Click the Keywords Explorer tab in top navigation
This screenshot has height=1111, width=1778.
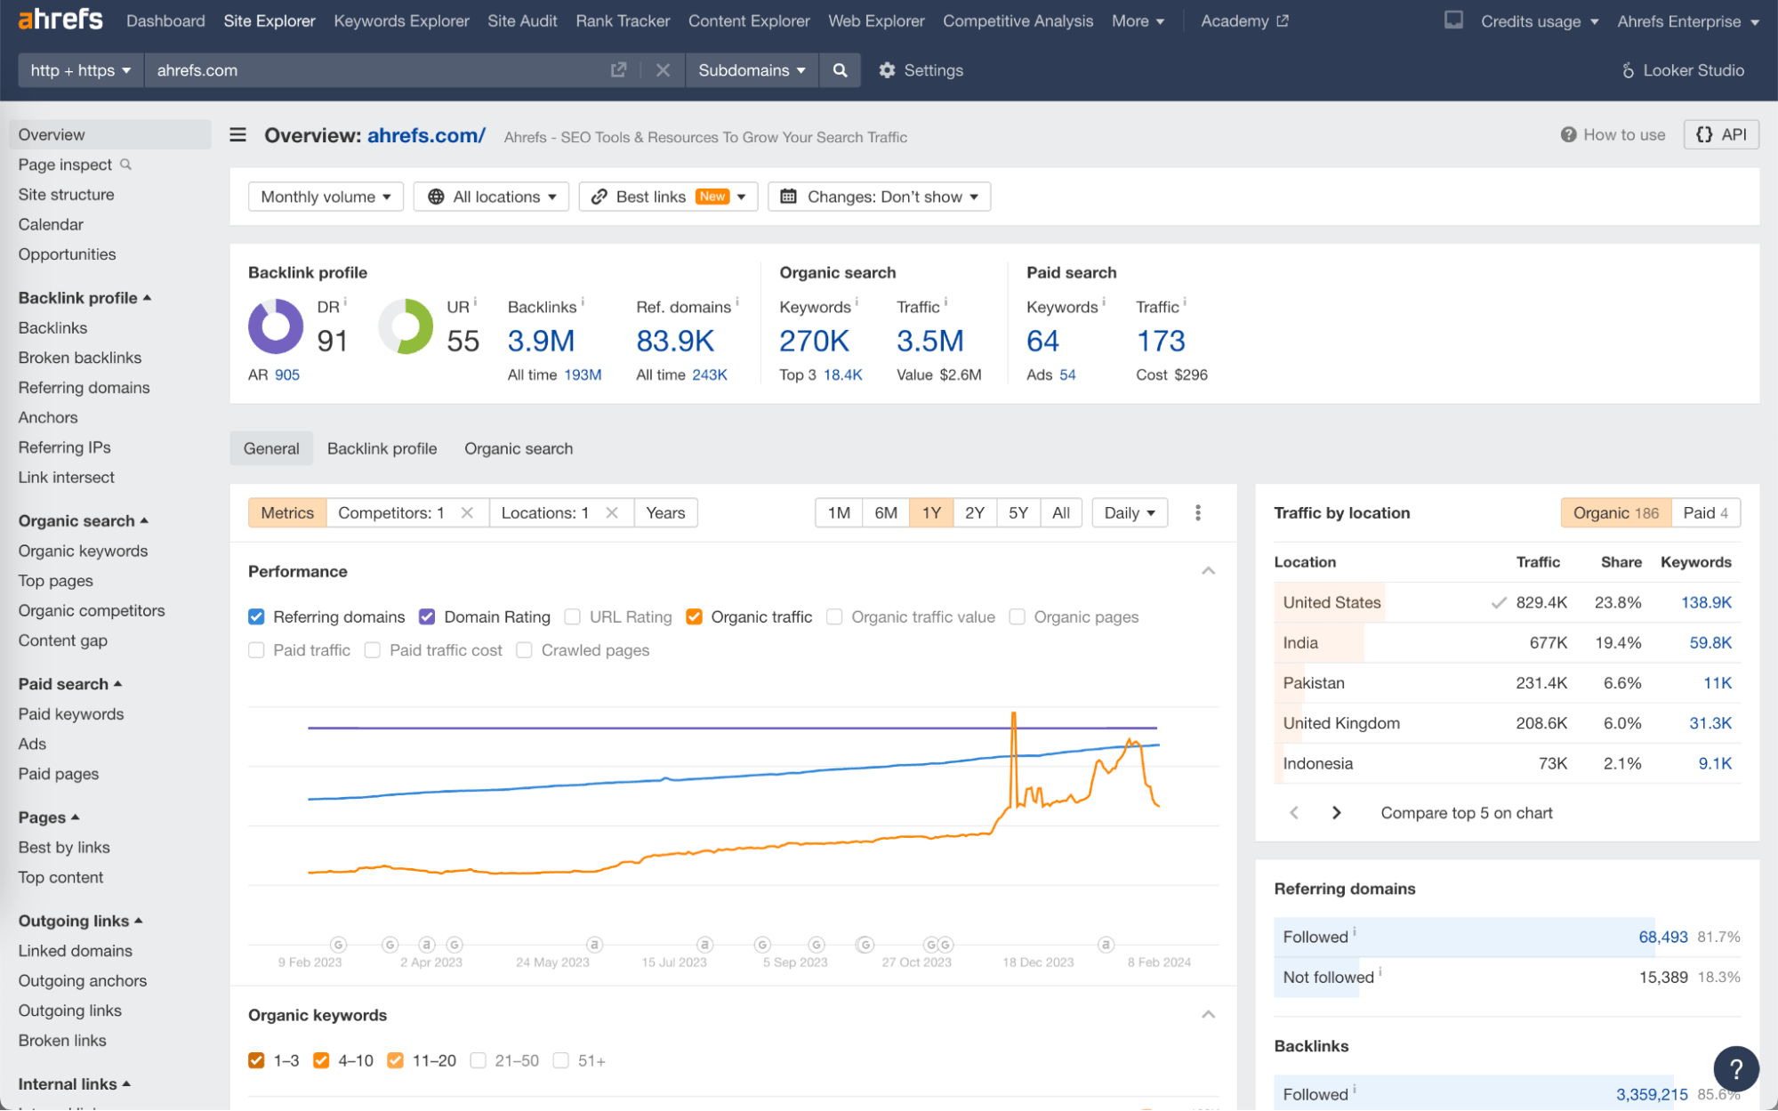pos(401,20)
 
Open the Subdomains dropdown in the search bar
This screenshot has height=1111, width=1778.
pos(751,70)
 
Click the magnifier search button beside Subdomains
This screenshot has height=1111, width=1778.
pos(840,70)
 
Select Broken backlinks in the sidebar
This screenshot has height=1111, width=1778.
pos(79,358)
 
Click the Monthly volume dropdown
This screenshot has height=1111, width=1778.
pos(326,197)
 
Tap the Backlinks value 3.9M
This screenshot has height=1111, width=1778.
pos(541,341)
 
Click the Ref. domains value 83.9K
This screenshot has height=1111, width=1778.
pos(675,341)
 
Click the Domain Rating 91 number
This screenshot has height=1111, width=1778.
pos(332,341)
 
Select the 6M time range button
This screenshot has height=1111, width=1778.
pos(885,512)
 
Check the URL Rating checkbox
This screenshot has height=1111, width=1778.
pos(573,616)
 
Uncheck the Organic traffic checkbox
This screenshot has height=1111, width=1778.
pos(695,616)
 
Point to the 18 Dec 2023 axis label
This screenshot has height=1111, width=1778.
pos(1038,962)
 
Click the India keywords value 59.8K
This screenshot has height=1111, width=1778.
pos(1710,642)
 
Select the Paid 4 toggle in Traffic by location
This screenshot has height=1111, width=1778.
pos(1704,512)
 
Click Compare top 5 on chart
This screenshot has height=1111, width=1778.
pos(1466,813)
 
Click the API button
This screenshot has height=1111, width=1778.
pos(1721,134)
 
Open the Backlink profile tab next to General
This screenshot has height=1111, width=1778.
pos(382,448)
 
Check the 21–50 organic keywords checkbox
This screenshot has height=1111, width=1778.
pos(479,1060)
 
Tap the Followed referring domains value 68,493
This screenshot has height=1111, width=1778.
pos(1662,937)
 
